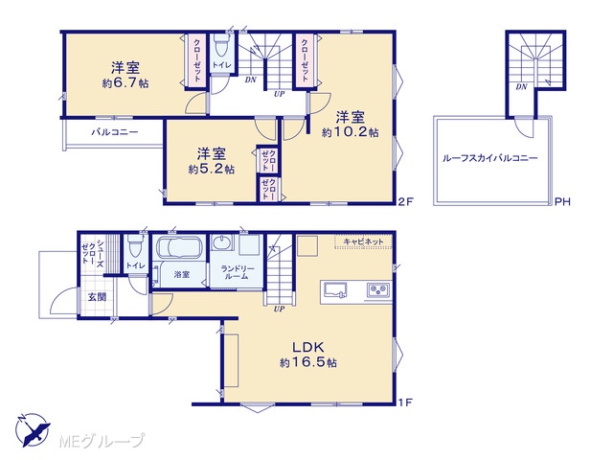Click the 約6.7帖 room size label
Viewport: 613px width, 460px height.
click(x=125, y=83)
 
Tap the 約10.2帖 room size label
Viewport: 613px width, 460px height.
click(x=351, y=132)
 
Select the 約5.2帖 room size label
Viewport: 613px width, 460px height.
click(x=212, y=169)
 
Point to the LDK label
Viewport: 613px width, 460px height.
click(x=308, y=347)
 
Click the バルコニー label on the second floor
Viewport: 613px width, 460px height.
click(x=115, y=132)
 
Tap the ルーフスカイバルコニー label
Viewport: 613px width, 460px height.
click(x=490, y=158)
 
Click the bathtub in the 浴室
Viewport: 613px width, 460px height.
click(x=179, y=247)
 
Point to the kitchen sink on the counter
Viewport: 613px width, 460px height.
click(x=334, y=290)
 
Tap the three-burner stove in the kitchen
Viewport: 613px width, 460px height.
click(x=378, y=290)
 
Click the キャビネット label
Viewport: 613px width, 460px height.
click(x=363, y=241)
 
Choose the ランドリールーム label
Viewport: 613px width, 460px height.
click(x=237, y=272)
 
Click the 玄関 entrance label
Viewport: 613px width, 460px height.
click(x=97, y=297)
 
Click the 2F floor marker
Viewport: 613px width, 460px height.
click(x=405, y=201)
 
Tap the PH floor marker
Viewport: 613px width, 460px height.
click(x=562, y=201)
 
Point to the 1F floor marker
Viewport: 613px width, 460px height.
click(x=405, y=402)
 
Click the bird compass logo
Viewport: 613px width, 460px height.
click(x=33, y=429)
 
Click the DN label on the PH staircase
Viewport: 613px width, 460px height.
click(x=521, y=87)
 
